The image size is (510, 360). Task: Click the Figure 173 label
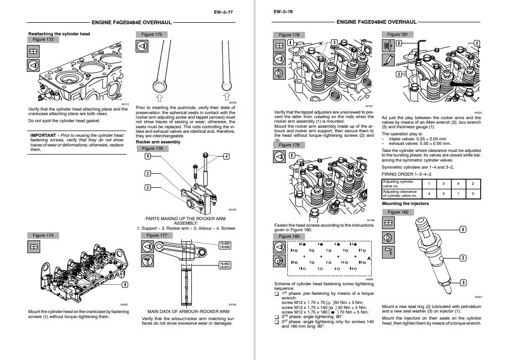coord(42,39)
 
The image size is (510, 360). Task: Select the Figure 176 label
coord(152,149)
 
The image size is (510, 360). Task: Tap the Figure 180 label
coord(289,236)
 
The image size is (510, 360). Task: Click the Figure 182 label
coord(397,212)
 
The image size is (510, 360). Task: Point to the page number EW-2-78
coord(283,12)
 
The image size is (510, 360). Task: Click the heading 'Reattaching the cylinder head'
coord(59,33)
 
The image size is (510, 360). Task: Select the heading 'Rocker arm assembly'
coord(158,142)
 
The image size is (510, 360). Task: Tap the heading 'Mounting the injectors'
coord(405,203)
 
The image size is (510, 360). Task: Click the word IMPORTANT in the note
coord(43,135)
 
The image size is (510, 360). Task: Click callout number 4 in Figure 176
coord(226,157)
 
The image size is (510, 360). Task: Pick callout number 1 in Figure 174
coord(124,284)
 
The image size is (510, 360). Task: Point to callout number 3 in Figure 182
coord(462,282)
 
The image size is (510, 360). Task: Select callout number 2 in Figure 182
coord(462,258)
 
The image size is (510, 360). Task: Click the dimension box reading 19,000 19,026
coord(225,245)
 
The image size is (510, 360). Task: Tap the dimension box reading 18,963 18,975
coord(225,266)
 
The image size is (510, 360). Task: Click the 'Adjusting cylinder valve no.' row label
coord(398,183)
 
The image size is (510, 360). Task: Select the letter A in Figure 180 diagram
coord(370,258)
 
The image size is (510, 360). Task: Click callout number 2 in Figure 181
coord(398,74)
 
